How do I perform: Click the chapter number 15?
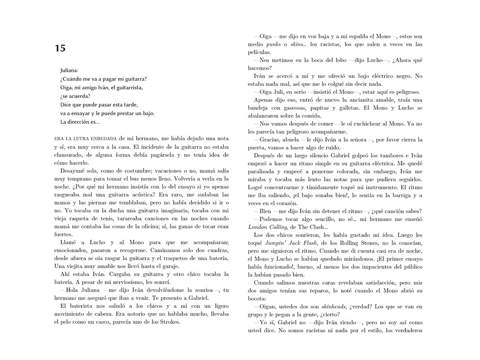click(x=60, y=48)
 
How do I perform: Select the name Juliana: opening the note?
click(x=69, y=70)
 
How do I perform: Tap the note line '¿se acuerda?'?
click(x=75, y=96)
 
